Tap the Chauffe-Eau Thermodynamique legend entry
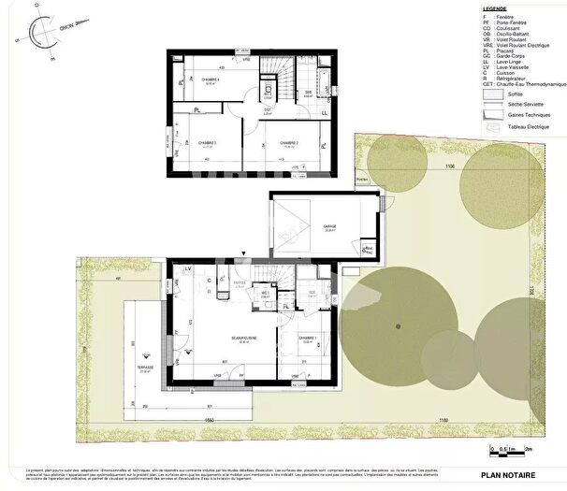pyautogui.click(x=520, y=83)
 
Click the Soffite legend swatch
pyautogui.click(x=487, y=94)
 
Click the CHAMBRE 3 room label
pyautogui.click(x=208, y=143)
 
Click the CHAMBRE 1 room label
pyautogui.click(x=307, y=338)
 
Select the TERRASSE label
pyautogui.click(x=145, y=368)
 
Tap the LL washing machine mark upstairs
pyautogui.click(x=325, y=113)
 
